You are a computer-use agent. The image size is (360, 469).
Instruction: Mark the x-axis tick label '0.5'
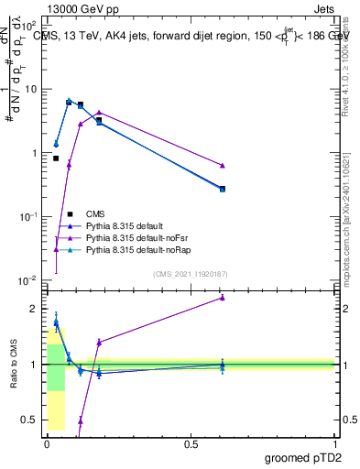tap(191, 444)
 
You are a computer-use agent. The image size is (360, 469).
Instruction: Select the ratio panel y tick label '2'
tap(35, 309)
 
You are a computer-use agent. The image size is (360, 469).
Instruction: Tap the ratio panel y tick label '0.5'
tap(30, 420)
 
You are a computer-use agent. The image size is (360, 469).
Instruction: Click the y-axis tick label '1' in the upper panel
tap(35, 153)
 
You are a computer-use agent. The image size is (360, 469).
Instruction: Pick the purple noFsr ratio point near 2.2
tap(223, 297)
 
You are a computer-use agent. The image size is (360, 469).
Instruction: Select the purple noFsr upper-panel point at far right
tap(223, 165)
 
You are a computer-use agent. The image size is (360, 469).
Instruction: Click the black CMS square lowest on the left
tap(56, 158)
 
